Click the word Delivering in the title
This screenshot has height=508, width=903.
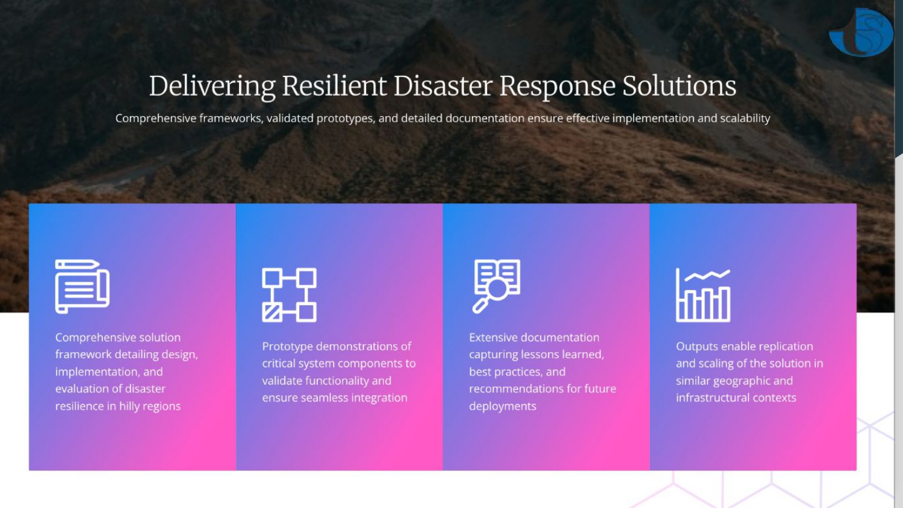coord(212,86)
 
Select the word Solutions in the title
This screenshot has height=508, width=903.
coord(679,86)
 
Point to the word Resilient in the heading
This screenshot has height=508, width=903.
coord(334,86)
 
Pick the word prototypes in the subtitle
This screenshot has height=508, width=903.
coord(344,119)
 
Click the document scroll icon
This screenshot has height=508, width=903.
coord(82,287)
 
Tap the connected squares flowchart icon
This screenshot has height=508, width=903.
coord(289,295)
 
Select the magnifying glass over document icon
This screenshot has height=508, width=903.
coord(496,286)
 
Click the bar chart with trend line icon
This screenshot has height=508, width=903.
coord(703,295)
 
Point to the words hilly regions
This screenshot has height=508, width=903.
coord(150,406)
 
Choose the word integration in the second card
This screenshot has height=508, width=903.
coord(379,398)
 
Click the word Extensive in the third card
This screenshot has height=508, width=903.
coord(493,338)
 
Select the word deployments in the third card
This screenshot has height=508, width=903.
coord(503,406)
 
